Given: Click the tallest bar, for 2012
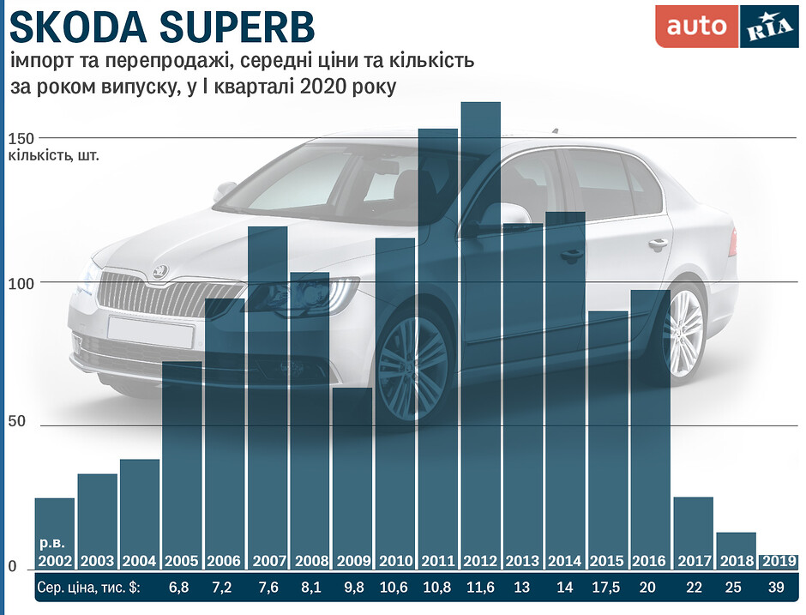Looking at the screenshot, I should [x=480, y=335].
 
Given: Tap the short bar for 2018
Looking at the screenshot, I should [x=736, y=549].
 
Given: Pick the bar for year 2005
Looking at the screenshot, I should [x=182, y=463].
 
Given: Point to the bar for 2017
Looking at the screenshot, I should [x=693, y=532].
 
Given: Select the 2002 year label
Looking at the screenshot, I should [x=54, y=561].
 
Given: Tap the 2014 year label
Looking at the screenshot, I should [x=565, y=561].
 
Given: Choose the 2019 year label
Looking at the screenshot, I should [x=779, y=561].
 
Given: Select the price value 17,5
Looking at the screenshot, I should [x=608, y=588].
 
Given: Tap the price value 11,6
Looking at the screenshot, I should [x=480, y=588].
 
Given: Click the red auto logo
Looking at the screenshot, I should [x=695, y=27].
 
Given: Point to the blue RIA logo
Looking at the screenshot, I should [x=767, y=27].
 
